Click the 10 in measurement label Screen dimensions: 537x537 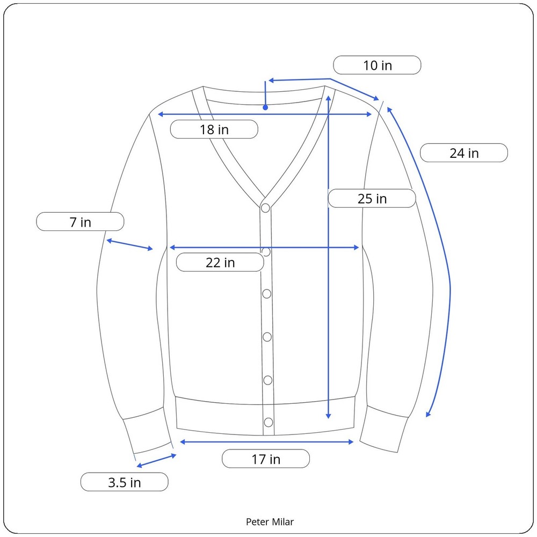[377, 66]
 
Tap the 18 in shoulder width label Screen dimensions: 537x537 [214, 129]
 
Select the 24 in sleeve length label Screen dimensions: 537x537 [463, 153]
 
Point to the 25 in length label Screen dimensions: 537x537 [372, 199]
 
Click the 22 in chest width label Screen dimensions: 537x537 [220, 263]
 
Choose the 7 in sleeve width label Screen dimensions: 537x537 [80, 222]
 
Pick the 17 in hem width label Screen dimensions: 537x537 [266, 459]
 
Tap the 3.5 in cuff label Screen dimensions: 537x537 [124, 482]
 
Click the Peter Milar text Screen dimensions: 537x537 [270, 521]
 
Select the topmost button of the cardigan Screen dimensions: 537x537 [266, 208]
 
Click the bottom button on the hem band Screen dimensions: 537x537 [267, 422]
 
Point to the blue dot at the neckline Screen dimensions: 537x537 [265, 107]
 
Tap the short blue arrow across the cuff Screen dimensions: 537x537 [156, 460]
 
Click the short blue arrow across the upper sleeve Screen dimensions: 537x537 [130, 244]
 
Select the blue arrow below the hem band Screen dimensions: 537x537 [266, 442]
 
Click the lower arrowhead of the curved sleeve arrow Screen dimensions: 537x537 [428, 413]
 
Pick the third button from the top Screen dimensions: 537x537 [267, 294]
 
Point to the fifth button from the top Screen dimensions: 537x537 [267, 380]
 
